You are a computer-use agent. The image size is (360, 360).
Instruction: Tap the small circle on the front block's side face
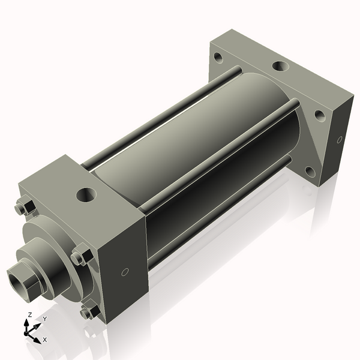(x=124, y=272)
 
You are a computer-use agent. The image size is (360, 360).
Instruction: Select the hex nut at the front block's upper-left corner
(x=22, y=207)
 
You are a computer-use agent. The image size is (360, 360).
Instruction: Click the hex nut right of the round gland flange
(x=80, y=257)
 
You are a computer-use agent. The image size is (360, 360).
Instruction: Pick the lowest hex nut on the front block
(x=88, y=312)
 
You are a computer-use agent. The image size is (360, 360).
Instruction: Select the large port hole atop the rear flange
(x=280, y=67)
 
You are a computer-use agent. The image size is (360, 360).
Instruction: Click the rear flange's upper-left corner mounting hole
(x=217, y=59)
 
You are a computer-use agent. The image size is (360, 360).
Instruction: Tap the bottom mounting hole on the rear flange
(x=310, y=172)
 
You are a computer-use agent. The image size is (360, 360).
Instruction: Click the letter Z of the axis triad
(x=30, y=315)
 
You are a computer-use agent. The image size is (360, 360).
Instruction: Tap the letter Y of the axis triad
(x=44, y=319)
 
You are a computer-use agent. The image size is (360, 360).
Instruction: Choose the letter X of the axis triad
(x=45, y=340)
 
